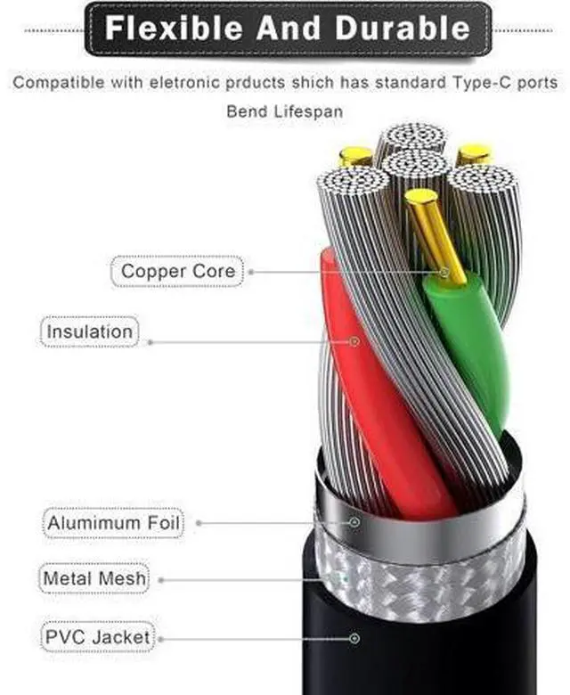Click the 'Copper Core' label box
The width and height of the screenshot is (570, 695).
pos(177,271)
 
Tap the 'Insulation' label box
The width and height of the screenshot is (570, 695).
pos(89,331)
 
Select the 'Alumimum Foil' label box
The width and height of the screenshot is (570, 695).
pos(113,523)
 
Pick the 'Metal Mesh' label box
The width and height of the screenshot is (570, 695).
pos(94,578)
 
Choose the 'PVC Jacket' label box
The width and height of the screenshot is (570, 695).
pos(97,637)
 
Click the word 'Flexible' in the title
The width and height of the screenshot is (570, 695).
pos(174,29)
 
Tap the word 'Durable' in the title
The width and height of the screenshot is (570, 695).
pos(403,29)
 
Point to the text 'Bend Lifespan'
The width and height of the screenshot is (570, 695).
pos(285,111)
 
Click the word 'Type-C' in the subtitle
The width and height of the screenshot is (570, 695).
pos(481,83)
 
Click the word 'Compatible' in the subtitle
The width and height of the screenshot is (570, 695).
pos(59,83)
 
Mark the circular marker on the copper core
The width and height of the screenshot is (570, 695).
pos(444,272)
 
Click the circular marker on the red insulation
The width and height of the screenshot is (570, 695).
pos(354,342)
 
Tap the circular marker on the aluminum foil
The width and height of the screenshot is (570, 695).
pos(354,522)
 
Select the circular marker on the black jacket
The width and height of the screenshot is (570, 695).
pos(354,638)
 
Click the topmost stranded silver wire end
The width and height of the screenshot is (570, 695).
pos(414,135)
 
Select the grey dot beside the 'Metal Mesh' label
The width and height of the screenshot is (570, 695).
pos(161,580)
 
